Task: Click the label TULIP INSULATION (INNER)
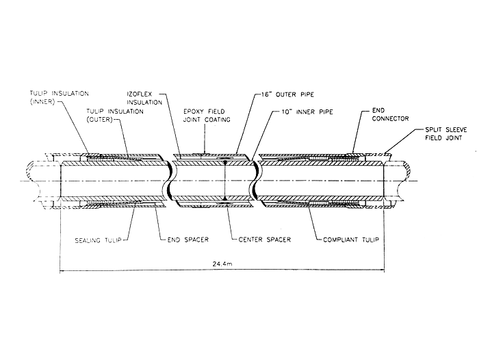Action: [x=47, y=97]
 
